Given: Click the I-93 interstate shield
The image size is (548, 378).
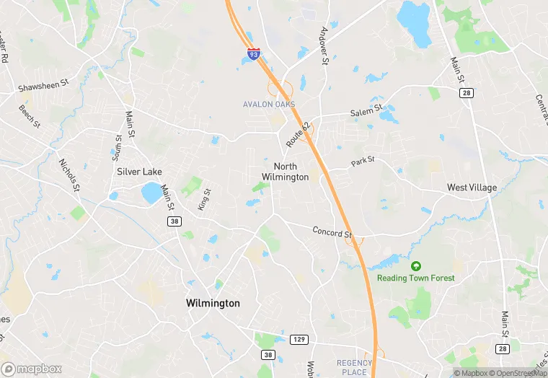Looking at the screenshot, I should tap(253, 53).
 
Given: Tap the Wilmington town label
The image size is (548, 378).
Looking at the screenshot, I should tap(213, 303).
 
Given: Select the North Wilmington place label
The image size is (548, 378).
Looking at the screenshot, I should tap(285, 172).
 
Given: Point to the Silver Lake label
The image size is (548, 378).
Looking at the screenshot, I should tap(139, 172).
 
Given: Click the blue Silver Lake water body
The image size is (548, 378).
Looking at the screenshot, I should tap(152, 193).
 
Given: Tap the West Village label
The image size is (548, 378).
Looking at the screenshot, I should tap(472, 188).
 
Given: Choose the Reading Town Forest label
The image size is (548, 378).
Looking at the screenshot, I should tap(416, 278).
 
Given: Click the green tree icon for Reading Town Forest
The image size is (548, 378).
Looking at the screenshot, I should tap(416, 266).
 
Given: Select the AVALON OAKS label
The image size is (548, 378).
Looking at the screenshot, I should tap(268, 105).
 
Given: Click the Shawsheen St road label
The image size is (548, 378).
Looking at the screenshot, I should tap(43, 84).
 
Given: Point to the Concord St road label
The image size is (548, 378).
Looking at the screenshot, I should tap(332, 233).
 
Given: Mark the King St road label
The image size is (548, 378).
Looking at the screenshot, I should tap(205, 200).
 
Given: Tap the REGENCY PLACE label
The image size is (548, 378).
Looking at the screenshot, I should tap(354, 367).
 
